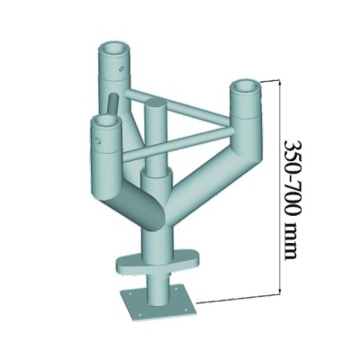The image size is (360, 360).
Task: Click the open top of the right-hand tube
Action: pos(247,88)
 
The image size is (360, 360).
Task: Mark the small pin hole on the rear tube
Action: pos(120,65)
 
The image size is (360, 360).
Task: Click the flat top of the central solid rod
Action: pos(154,105)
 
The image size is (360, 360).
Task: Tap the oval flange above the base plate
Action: pos(157,261)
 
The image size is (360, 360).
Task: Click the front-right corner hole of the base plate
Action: pos(185,309)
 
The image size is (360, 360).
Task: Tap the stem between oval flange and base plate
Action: pos(157,283)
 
